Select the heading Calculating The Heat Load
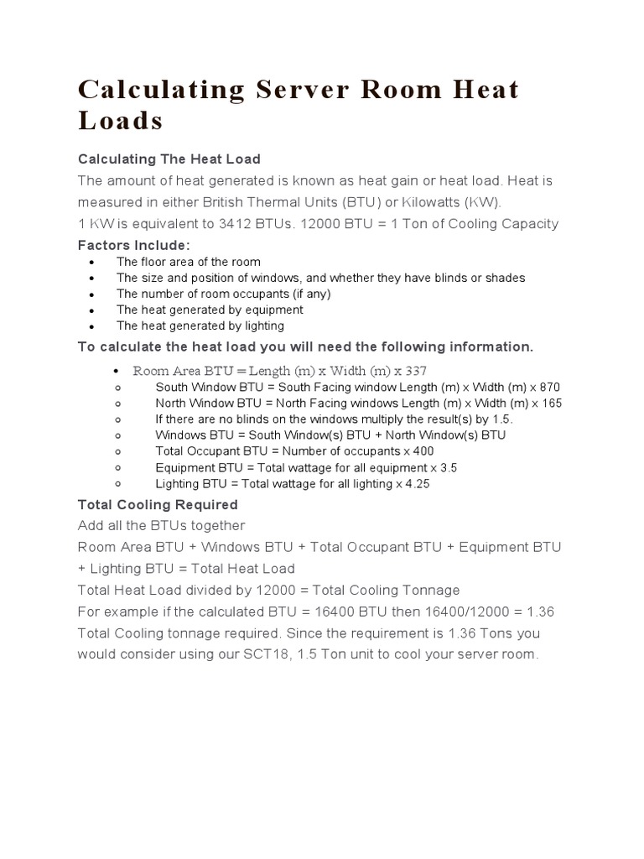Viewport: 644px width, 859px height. point(169,159)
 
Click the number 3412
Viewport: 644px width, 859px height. point(263,223)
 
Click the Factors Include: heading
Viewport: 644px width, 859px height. point(133,245)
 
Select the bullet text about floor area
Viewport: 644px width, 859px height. point(188,262)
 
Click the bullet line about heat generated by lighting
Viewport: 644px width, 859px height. point(200,325)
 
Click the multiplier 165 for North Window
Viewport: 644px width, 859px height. point(551,403)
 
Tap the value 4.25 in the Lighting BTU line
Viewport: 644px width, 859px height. point(418,483)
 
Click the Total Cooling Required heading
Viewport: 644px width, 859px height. point(158,505)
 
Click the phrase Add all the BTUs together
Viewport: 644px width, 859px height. point(161,526)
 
